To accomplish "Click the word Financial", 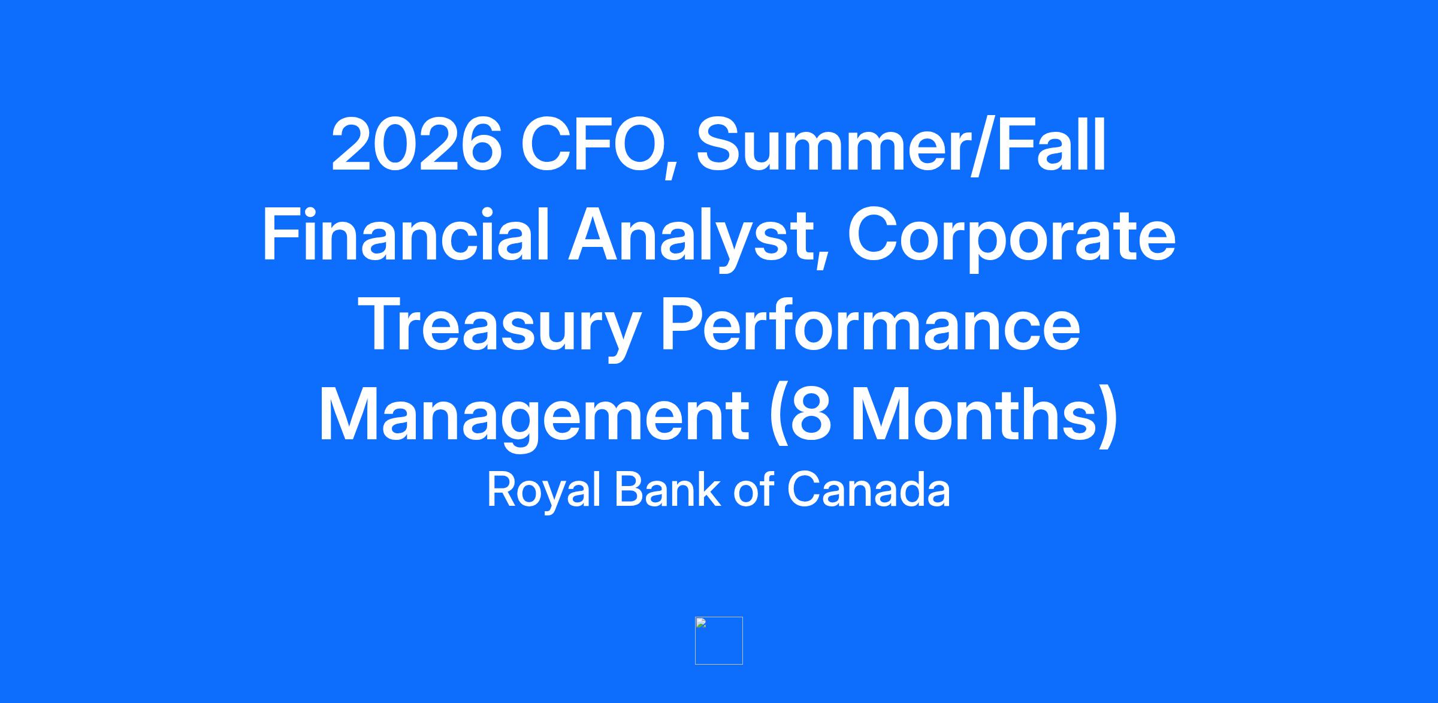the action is (x=405, y=234).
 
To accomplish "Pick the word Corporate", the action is (x=1012, y=239).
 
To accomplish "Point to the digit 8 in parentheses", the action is (x=810, y=415).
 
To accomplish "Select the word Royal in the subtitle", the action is (x=543, y=491).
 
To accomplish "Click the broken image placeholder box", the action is (x=719, y=641).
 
